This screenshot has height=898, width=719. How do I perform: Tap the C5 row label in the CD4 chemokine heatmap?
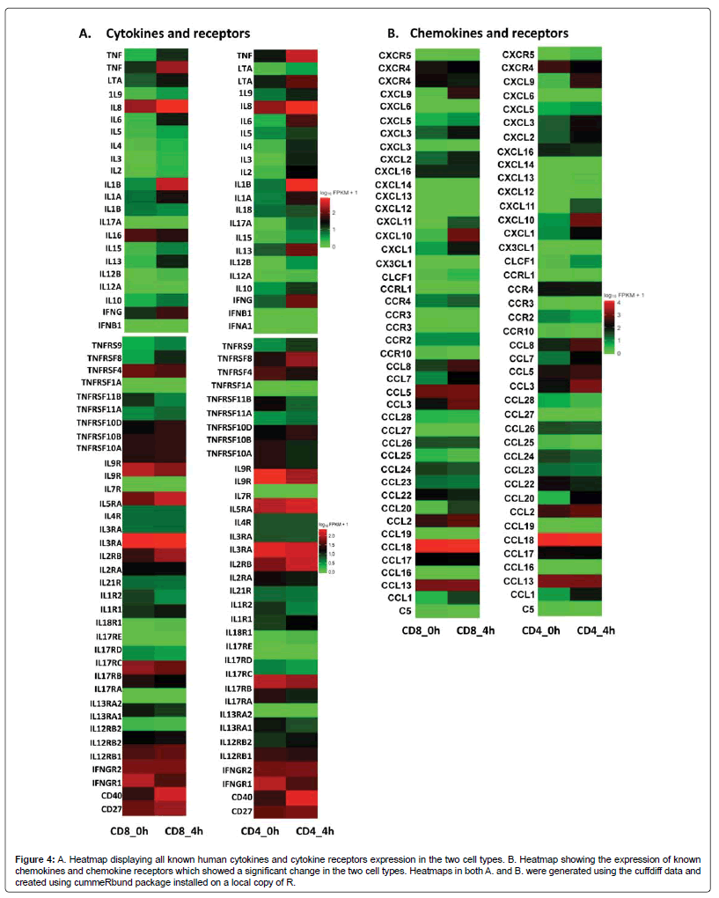click(527, 608)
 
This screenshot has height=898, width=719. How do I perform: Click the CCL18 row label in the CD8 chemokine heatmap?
click(397, 547)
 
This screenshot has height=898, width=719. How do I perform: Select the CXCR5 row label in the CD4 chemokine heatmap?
click(518, 55)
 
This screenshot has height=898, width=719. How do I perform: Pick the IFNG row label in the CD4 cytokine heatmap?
click(242, 300)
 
